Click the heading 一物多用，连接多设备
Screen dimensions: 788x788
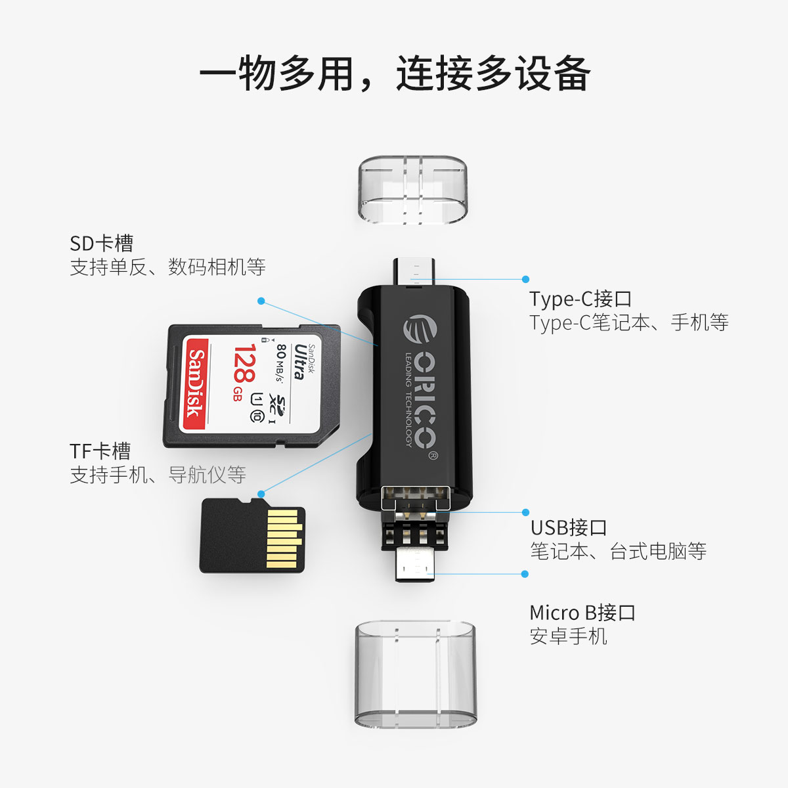[x=395, y=74]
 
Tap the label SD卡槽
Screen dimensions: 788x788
[x=101, y=244]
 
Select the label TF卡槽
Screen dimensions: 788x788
[x=100, y=451]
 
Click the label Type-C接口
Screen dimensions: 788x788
[x=580, y=299]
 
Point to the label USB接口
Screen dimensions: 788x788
[x=569, y=527]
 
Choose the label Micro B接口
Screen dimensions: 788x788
[x=582, y=613]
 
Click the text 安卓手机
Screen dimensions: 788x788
[x=569, y=636]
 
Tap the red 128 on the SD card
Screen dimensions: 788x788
[x=245, y=362]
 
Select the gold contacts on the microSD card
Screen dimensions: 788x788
[x=283, y=538]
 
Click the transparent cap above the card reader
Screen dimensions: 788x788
[x=412, y=189]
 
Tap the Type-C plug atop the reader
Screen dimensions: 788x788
[x=414, y=271]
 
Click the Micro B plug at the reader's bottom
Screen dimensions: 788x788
[x=414, y=565]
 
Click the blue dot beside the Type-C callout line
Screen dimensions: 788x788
[x=525, y=279]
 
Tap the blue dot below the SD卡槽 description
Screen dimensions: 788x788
[x=261, y=301]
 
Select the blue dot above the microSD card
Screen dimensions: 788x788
[x=261, y=494]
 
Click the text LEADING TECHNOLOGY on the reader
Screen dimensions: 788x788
[x=408, y=399]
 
